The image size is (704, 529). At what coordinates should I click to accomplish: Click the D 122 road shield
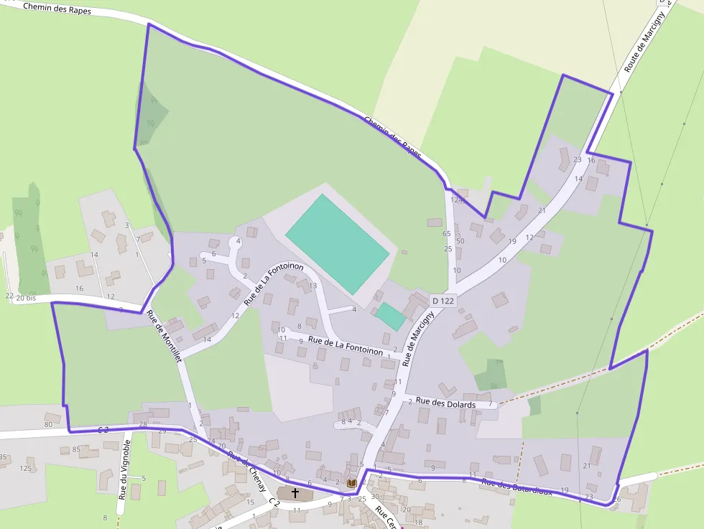click(443, 301)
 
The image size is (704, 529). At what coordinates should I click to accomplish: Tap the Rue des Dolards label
click(445, 404)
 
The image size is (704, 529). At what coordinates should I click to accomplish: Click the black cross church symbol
click(295, 494)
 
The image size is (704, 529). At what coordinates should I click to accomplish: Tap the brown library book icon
click(351, 484)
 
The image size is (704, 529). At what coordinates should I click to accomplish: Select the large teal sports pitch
click(338, 243)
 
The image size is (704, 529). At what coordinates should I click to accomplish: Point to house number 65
click(447, 234)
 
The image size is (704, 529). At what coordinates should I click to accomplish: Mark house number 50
click(460, 241)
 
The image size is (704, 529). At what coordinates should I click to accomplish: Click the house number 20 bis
click(25, 297)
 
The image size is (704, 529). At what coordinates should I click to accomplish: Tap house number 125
click(26, 469)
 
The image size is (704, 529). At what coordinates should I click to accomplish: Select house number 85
click(75, 450)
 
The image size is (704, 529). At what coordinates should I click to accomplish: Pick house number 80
click(48, 425)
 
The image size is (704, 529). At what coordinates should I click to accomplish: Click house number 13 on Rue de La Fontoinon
click(312, 286)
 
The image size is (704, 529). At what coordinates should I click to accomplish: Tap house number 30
click(374, 496)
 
